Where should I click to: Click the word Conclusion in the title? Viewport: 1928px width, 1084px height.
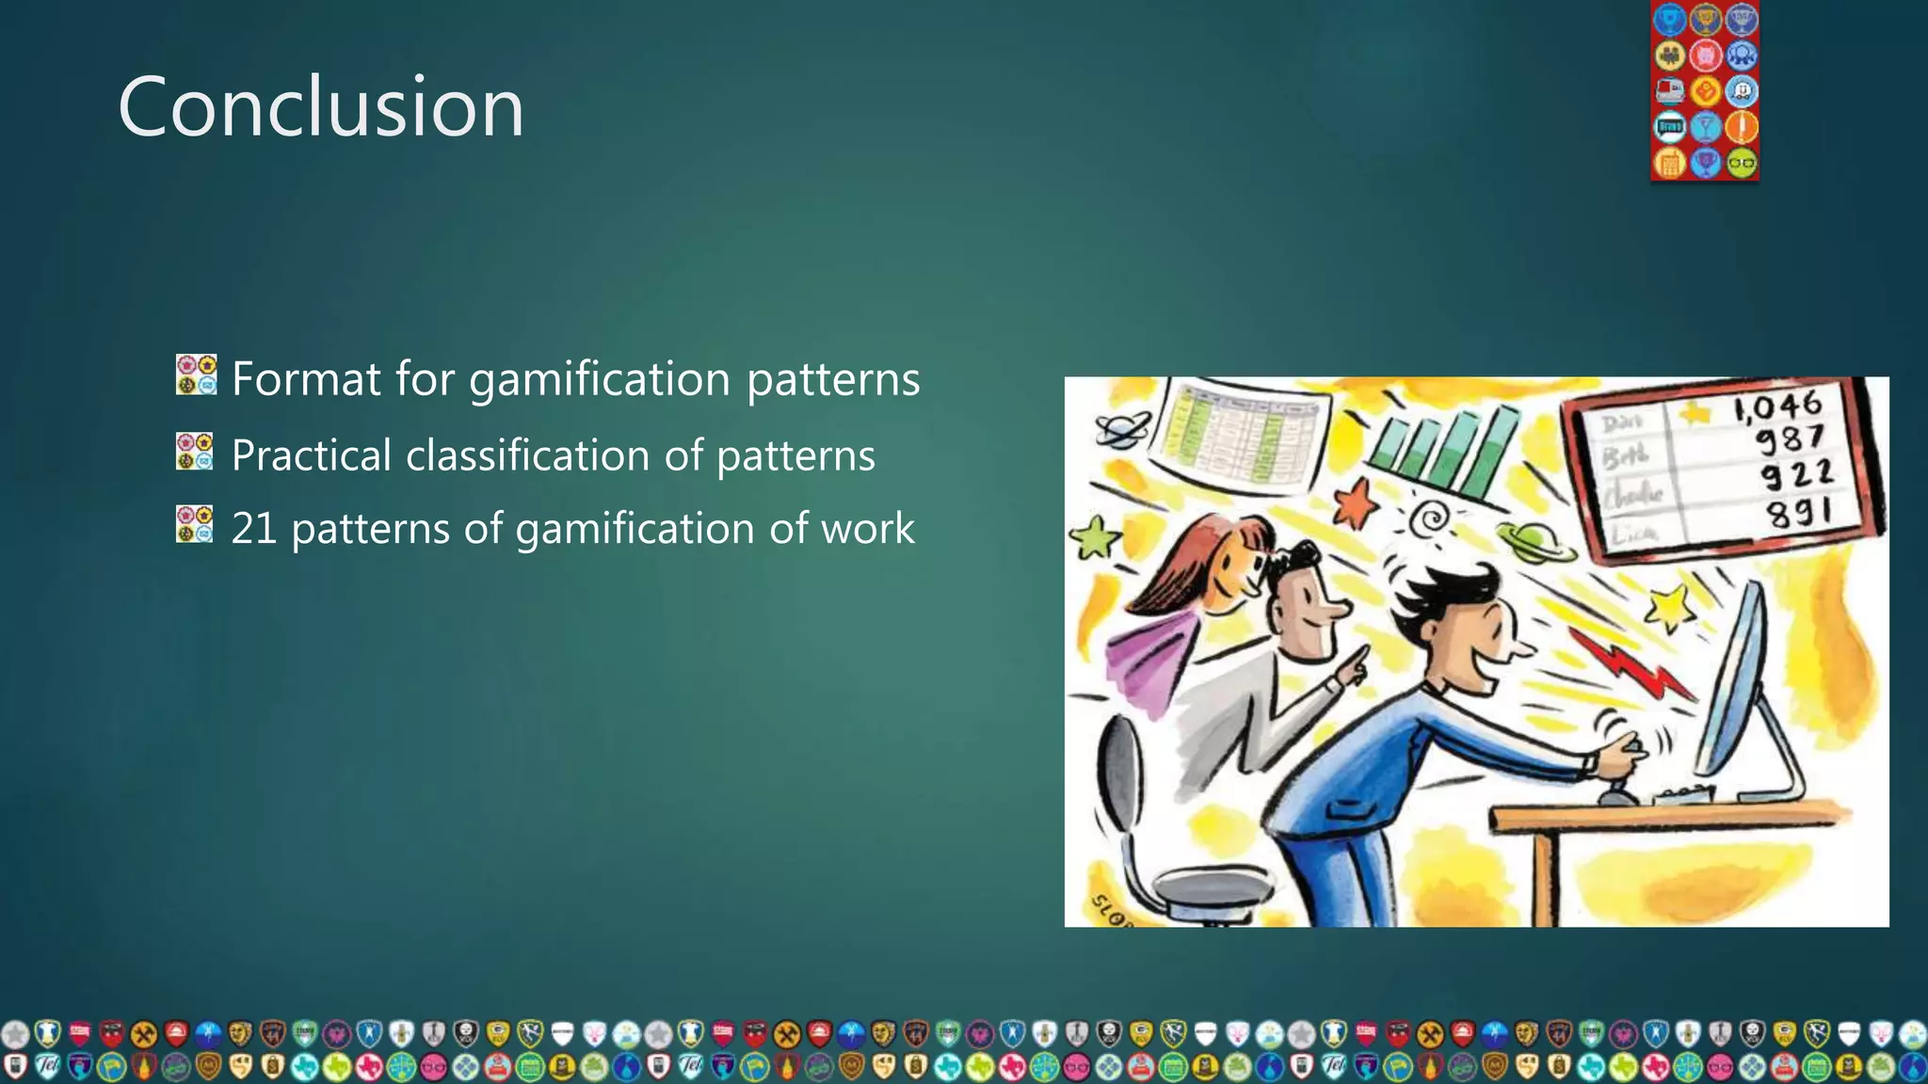pos(320,107)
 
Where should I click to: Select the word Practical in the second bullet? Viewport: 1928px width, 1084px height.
pos(311,456)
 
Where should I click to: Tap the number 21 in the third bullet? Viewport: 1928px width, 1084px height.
pos(253,529)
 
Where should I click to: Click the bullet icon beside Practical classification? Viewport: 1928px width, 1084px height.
pos(195,452)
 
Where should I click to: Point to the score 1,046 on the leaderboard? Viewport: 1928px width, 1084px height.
pos(1777,407)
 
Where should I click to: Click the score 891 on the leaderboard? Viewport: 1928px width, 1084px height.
pos(1798,514)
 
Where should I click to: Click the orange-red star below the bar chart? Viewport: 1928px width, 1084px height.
pos(1356,503)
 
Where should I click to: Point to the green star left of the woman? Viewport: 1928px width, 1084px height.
pos(1094,538)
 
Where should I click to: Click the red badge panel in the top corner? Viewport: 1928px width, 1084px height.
pos(1705,90)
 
